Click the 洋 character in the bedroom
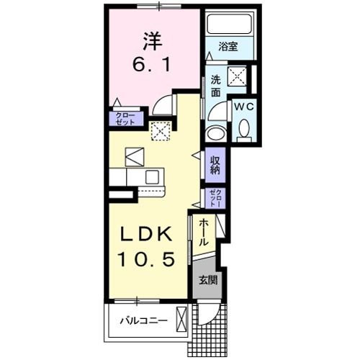[152, 39]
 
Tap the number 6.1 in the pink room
[152, 65]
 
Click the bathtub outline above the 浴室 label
[229, 24]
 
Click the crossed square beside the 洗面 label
[238, 76]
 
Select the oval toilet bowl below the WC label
[243, 130]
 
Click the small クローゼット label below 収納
[215, 198]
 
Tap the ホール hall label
[204, 233]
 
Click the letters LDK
[149, 234]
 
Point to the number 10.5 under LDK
[149, 260]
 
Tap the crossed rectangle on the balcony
[181, 318]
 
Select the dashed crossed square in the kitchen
[160, 130]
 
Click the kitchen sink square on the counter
[153, 176]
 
